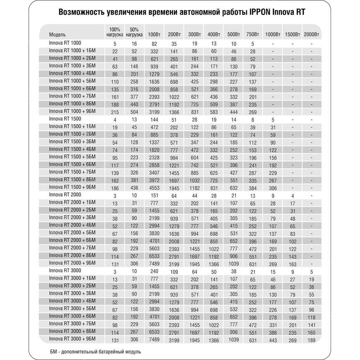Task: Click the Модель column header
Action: pos(58,35)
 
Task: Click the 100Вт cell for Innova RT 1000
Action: pos(154,44)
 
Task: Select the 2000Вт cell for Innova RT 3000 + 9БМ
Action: pos(311,341)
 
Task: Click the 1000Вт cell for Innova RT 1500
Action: pos(271,120)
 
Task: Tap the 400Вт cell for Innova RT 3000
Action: pos(214,272)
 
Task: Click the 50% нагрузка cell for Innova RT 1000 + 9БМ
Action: pos(134,112)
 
